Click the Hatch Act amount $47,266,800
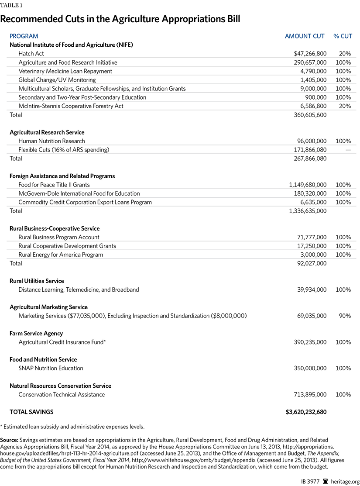(310, 54)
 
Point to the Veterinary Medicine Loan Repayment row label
(65, 71)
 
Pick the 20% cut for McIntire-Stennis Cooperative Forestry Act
(344, 106)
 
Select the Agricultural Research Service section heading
(47, 132)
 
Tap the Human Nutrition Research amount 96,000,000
(309, 141)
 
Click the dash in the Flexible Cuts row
(347, 150)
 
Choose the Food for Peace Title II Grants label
(54, 185)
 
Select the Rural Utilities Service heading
(37, 281)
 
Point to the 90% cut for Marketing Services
(344, 316)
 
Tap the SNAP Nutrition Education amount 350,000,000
(306, 368)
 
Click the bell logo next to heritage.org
(325, 478)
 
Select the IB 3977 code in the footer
(309, 478)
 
